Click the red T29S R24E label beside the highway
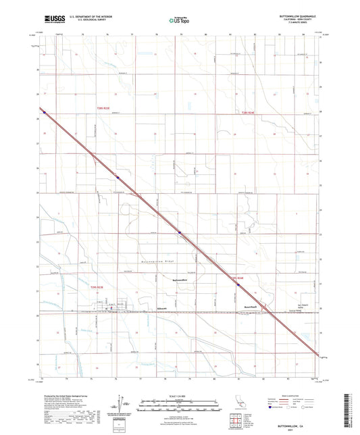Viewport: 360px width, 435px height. click(x=235, y=277)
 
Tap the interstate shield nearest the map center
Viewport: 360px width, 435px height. click(x=180, y=233)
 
